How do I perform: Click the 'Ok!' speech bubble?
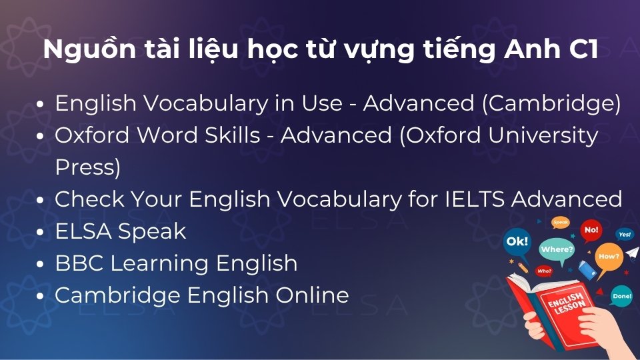(518, 241)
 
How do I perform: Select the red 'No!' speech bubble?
(591, 231)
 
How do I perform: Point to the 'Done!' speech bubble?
(621, 296)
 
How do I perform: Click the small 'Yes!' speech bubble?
(625, 235)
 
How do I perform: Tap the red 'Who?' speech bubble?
(544, 271)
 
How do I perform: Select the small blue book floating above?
(587, 269)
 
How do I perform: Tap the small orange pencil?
(523, 268)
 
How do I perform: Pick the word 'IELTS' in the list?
(481, 199)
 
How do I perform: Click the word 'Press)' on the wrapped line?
(87, 167)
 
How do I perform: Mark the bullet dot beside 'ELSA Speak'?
(42, 232)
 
